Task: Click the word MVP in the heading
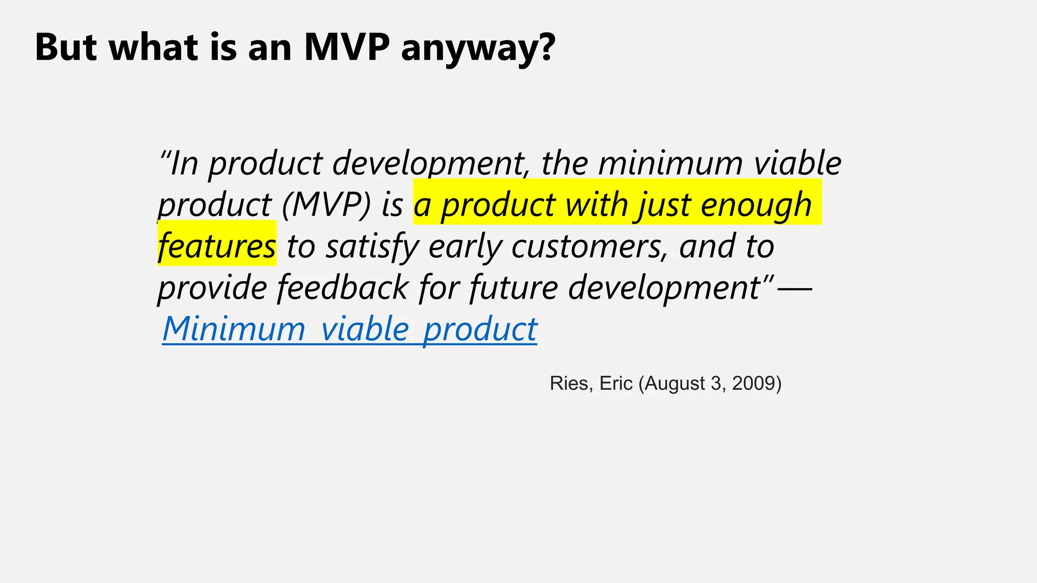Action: point(347,47)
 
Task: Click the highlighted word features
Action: point(217,246)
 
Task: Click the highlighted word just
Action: point(664,205)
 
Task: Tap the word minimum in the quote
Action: point(670,163)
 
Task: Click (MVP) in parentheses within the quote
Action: point(327,205)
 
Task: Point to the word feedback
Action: point(342,287)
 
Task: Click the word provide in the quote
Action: point(212,287)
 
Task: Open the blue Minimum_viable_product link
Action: point(349,329)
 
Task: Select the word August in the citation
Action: point(674,384)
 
